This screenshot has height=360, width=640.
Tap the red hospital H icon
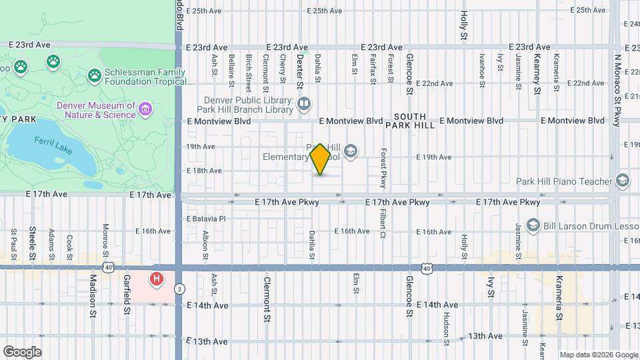[x=156, y=279]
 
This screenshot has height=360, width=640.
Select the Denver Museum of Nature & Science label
[x=96, y=110]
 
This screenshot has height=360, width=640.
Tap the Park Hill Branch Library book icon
[x=304, y=103]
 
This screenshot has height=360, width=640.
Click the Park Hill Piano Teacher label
[x=564, y=181]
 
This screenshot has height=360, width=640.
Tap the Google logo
[x=22, y=351]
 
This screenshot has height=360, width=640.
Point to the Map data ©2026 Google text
[x=599, y=355]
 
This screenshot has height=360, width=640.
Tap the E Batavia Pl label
[x=206, y=218]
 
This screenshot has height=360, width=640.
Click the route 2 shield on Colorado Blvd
[x=179, y=289]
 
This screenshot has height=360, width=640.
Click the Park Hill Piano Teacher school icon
[x=622, y=181]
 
